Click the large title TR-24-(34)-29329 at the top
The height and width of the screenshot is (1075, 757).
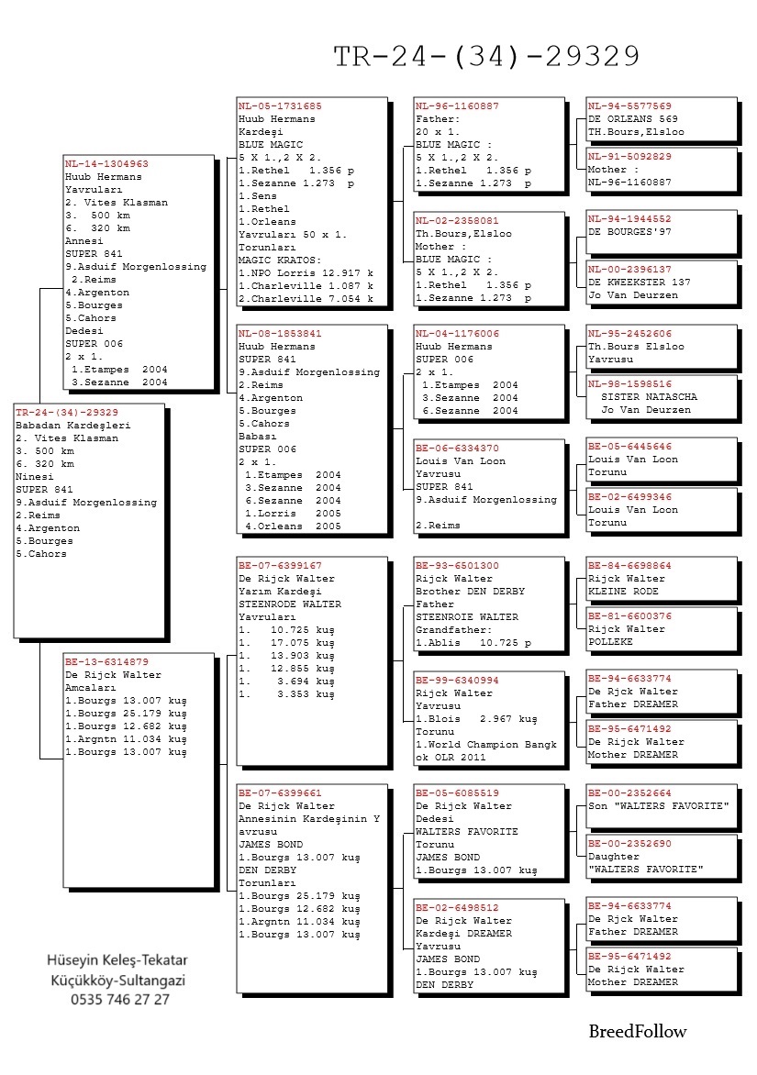pos(486,57)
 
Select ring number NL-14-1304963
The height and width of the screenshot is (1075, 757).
pos(106,164)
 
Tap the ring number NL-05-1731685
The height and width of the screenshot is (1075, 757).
pos(280,106)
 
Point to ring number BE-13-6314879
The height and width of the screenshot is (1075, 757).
pos(106,662)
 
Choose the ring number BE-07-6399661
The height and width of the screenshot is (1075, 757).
pos(280,793)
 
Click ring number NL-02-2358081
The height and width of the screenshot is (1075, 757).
pos(457,221)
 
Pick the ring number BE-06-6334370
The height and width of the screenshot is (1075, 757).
pos(457,449)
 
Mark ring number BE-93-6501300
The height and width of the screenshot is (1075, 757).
pos(457,566)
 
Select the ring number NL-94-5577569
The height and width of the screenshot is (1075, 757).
pos(629,106)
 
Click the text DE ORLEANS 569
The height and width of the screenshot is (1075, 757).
pos(633,119)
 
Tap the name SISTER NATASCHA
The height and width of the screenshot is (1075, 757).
pos(649,397)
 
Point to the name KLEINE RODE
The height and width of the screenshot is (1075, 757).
pos(623,592)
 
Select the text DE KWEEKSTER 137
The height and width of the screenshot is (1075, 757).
pos(639,283)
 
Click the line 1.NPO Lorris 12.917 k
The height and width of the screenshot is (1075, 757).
pos(306,273)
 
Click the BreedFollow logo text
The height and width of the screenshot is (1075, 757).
pos(637,1032)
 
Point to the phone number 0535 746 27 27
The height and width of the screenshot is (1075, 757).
pos(119,1000)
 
